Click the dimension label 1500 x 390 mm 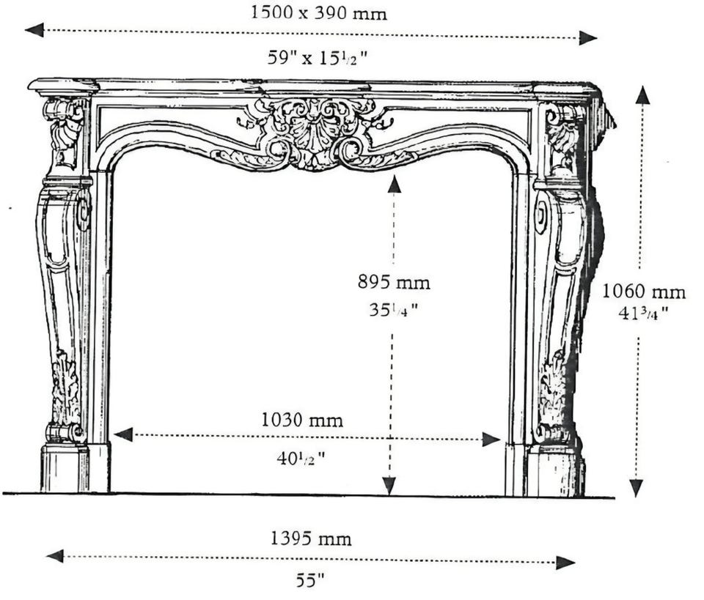click(x=318, y=12)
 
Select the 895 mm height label click(x=394, y=283)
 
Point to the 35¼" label click(x=394, y=309)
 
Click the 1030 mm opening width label click(x=302, y=421)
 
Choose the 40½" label click(x=301, y=459)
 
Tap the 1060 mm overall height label click(x=643, y=292)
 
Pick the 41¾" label click(x=643, y=313)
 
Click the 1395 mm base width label click(x=311, y=538)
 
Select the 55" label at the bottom click(x=309, y=581)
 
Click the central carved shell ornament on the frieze click(x=315, y=133)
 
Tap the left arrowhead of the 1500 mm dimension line click(x=34, y=31)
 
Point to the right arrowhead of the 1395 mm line click(x=565, y=563)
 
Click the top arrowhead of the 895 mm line click(x=395, y=185)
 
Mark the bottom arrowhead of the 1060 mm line click(x=636, y=487)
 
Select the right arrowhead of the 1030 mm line click(x=491, y=440)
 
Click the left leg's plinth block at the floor click(x=65, y=468)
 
